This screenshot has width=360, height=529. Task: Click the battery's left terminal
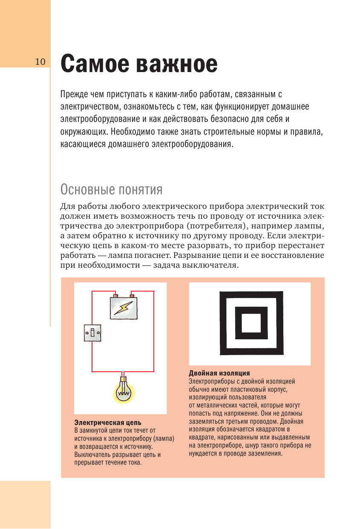pos(115,295)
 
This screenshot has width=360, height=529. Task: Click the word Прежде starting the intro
pos(74,94)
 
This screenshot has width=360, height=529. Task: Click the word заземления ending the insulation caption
pos(265,454)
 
